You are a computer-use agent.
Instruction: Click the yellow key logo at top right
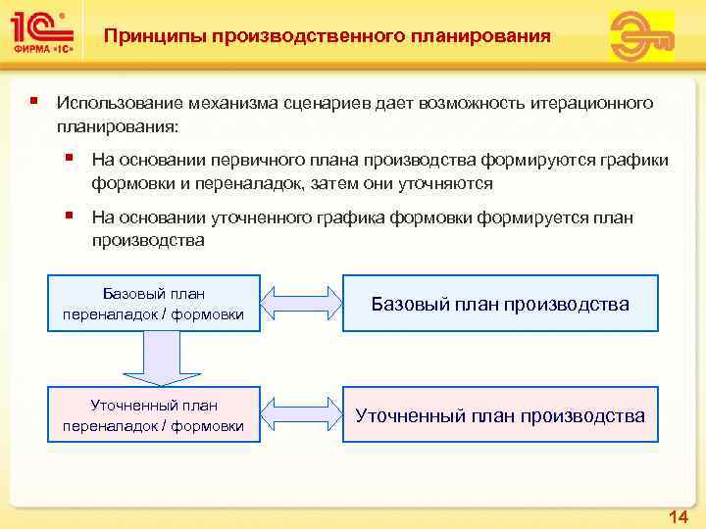(x=642, y=36)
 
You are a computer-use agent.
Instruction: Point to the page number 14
(x=678, y=515)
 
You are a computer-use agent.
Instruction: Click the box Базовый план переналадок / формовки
(x=153, y=304)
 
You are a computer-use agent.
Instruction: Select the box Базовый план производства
(x=500, y=304)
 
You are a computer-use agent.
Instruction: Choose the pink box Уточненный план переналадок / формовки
(x=153, y=414)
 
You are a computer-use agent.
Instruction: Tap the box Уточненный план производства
(x=500, y=415)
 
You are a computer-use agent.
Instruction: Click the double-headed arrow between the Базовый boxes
(x=300, y=304)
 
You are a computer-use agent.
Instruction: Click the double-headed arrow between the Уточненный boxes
(x=300, y=414)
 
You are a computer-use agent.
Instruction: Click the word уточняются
(x=443, y=183)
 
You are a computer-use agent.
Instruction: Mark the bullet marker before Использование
(x=34, y=102)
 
